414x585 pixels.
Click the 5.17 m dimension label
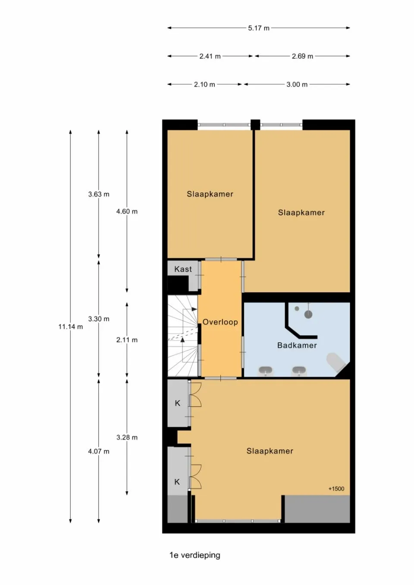tap(258, 28)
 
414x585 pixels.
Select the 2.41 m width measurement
tap(210, 56)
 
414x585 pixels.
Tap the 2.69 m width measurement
tap(302, 56)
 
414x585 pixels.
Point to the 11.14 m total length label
tap(71, 327)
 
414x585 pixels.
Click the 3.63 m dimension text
tap(98, 194)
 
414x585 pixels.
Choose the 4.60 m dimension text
tap(127, 211)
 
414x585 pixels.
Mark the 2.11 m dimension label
tap(127, 340)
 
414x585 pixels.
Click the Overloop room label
tap(220, 322)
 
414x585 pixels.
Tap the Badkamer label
tap(297, 345)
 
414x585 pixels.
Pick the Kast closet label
tap(183, 269)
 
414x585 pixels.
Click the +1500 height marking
tap(336, 489)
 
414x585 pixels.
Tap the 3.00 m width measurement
tap(297, 84)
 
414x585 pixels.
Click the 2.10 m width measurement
tap(204, 84)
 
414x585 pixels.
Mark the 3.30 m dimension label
tap(98, 319)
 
